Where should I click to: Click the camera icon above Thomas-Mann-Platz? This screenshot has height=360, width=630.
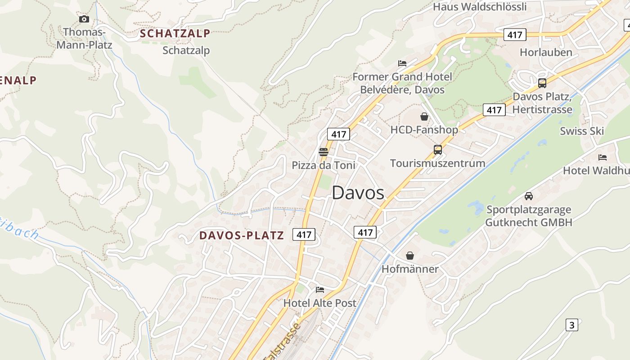(84, 19)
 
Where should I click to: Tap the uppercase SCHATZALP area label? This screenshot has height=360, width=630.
(175, 33)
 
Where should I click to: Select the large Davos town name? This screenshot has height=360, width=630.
(358, 193)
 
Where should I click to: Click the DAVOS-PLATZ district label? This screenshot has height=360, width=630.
(242, 235)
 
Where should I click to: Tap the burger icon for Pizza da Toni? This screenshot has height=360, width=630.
(323, 152)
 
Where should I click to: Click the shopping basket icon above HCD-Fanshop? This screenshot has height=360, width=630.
(424, 117)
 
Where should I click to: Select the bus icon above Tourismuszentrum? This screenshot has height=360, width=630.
(437, 150)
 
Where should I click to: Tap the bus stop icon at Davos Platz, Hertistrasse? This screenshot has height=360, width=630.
(542, 83)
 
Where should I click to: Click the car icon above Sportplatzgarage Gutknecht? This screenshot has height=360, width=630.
(528, 196)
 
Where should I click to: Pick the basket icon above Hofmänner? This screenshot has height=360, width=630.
(410, 256)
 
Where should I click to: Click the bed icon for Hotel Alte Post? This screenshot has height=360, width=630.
(319, 289)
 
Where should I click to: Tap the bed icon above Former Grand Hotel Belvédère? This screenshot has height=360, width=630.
(402, 63)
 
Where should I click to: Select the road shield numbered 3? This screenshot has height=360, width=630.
(571, 325)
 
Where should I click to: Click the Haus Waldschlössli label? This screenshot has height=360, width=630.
(480, 7)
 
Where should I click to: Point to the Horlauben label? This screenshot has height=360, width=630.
(546, 52)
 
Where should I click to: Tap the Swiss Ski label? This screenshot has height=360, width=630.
(581, 131)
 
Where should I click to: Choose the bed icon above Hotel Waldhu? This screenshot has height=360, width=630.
(603, 157)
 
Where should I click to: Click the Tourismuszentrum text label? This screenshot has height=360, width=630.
(437, 163)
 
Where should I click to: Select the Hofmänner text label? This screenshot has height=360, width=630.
(410, 269)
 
